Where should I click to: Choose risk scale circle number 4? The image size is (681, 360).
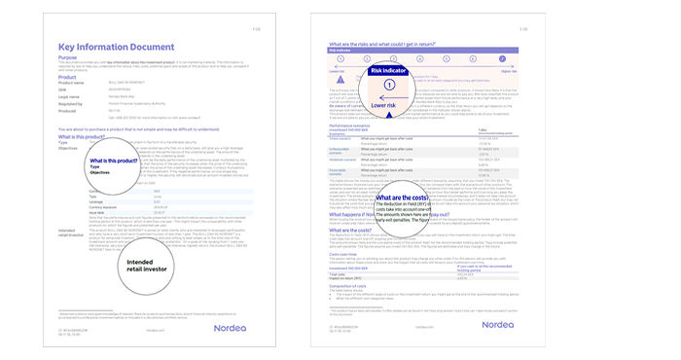tap(443, 59)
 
